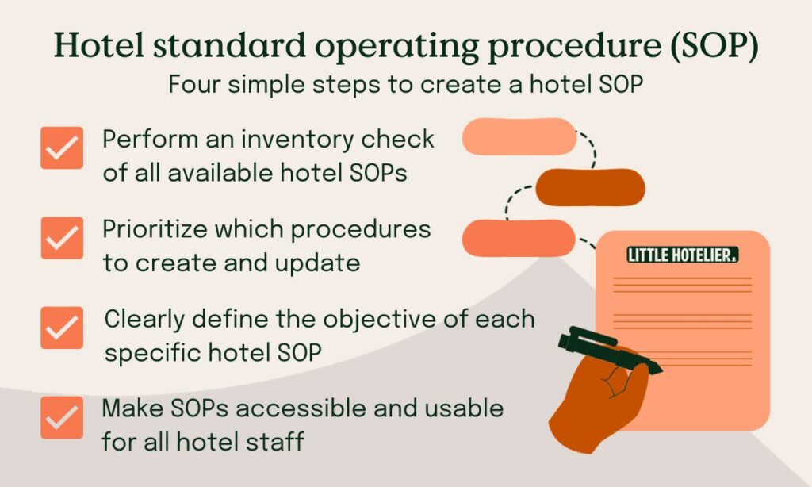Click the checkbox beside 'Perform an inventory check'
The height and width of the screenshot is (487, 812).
coord(62,148)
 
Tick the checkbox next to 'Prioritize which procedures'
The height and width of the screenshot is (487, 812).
coord(62,237)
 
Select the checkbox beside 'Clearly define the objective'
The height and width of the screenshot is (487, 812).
coord(62,328)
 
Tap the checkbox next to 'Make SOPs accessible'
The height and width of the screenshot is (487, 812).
coord(62,418)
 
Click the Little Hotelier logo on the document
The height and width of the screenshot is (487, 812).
coord(682,255)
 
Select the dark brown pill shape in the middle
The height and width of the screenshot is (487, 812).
coord(590,187)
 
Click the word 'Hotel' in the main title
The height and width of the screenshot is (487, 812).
coord(100,47)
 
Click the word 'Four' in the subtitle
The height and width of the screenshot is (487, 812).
coord(196,84)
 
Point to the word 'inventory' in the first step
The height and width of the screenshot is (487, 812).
coord(297,139)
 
